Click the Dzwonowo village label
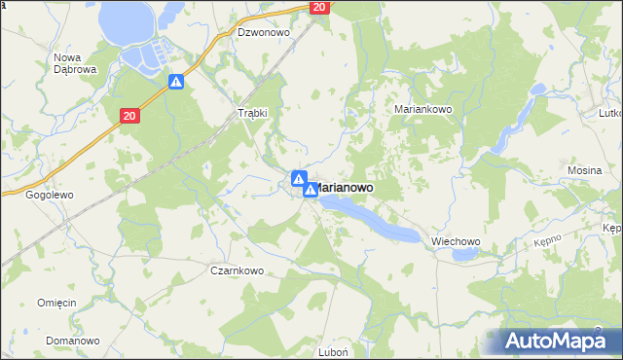tap(264, 32)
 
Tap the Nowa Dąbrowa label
tap(72, 63)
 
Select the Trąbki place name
tap(253, 113)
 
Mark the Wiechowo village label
tap(457, 241)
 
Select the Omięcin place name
tap(56, 303)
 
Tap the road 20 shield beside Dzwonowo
tap(319, 8)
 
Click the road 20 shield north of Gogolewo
tap(130, 116)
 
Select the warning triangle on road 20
tap(175, 83)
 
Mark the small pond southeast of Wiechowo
tap(464, 255)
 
